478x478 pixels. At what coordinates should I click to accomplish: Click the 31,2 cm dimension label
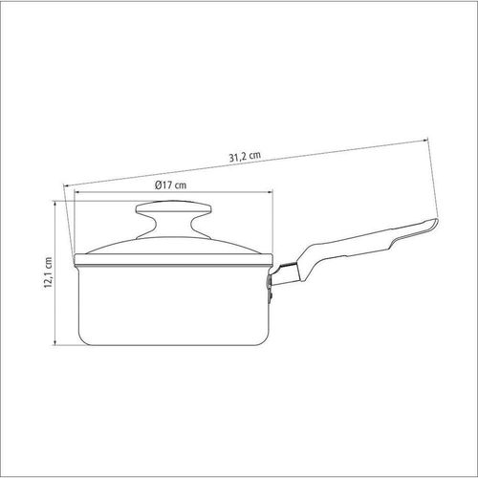click(245, 157)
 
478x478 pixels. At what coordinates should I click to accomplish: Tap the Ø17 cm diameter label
click(171, 185)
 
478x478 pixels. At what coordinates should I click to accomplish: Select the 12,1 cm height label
click(48, 272)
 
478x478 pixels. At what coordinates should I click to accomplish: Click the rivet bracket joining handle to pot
click(271, 289)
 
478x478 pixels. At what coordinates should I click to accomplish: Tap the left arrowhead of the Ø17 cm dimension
click(76, 192)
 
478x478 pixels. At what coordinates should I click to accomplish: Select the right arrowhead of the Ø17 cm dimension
click(271, 192)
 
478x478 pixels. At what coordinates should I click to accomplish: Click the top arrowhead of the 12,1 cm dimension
click(55, 204)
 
